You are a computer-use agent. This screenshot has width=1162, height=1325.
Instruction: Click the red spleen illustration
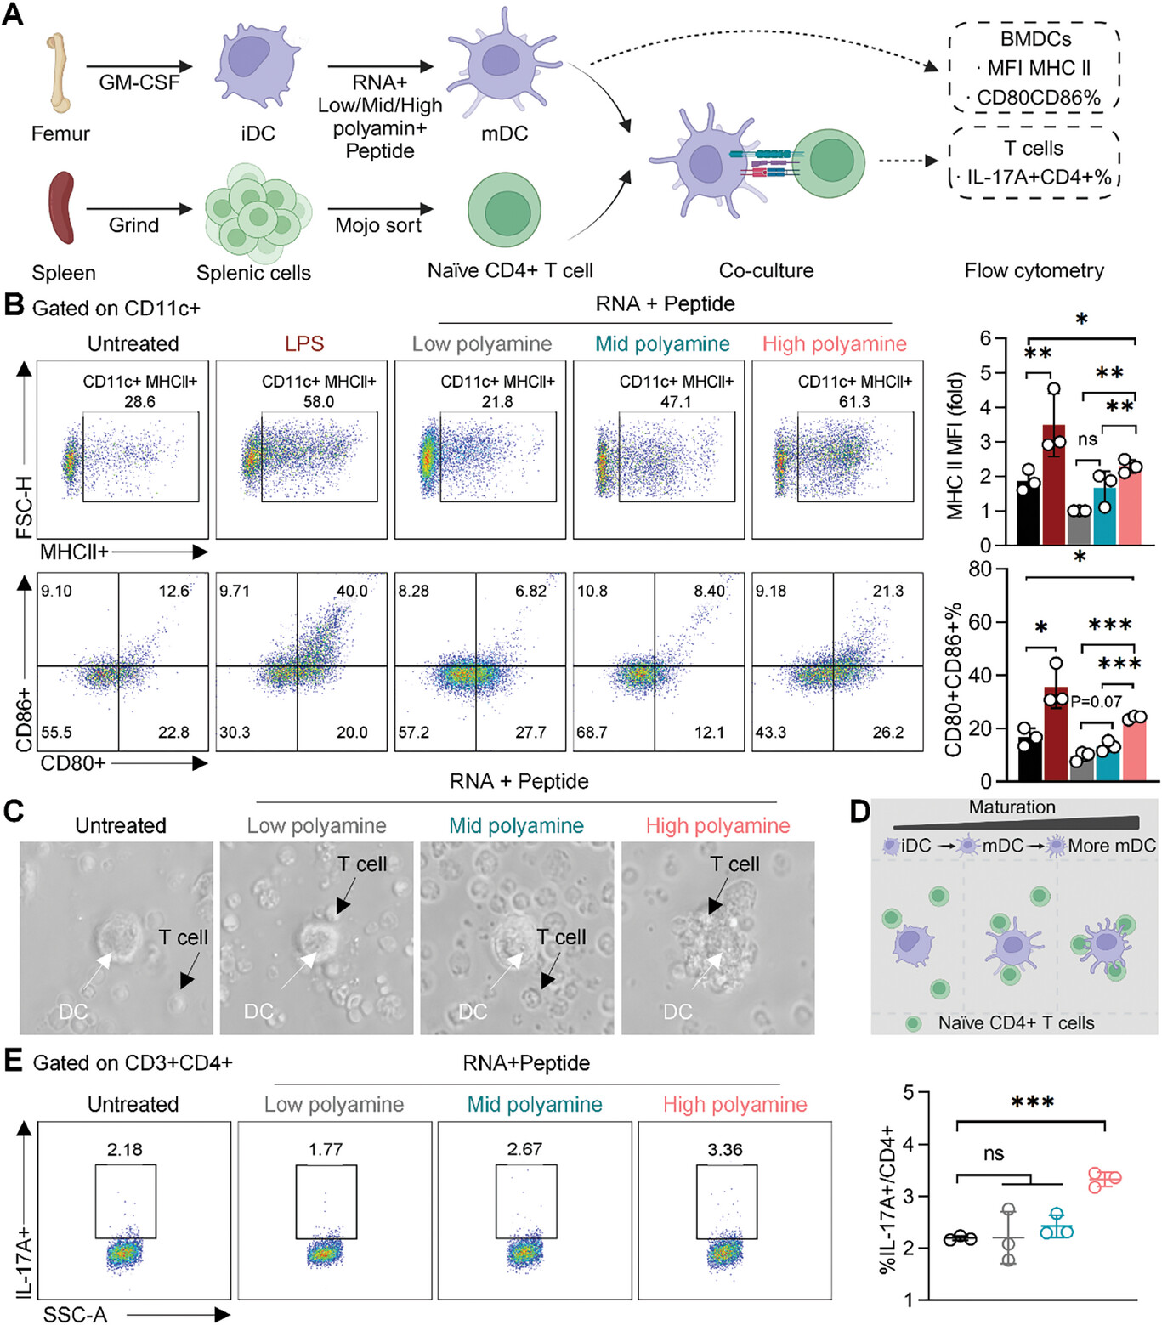coord(61,208)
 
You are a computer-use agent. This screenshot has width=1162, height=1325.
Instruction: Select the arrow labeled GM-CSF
coord(139,66)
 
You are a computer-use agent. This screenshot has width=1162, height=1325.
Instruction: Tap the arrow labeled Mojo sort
coord(379,209)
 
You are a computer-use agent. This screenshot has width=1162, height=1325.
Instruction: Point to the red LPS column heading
coord(304,343)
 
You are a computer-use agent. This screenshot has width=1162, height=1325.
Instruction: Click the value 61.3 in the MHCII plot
coord(854,401)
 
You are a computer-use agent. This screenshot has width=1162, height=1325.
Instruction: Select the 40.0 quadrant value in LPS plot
coord(352,591)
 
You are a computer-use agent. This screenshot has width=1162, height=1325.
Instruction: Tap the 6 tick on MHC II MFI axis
coord(985,338)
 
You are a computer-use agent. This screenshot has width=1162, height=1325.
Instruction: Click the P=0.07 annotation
coord(1096,702)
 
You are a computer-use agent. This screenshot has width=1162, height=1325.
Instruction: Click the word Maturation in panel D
coord(1012,807)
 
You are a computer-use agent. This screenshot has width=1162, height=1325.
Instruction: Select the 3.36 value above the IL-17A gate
coord(725,1150)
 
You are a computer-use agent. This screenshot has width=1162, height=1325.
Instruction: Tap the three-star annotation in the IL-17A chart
coord(1033,1103)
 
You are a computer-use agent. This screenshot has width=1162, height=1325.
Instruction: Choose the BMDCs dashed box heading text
coord(1035,39)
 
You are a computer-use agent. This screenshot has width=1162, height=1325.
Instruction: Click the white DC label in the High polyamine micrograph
coord(677,1011)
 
